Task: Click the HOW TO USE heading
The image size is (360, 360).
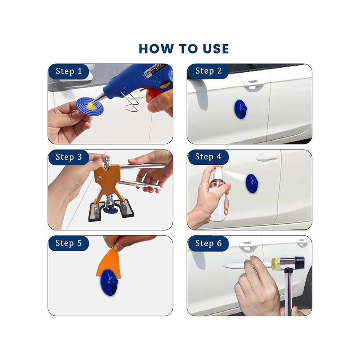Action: point(184,49)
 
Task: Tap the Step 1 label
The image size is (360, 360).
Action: point(69,71)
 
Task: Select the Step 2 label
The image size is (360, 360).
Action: point(208,71)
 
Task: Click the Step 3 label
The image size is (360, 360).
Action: point(69,157)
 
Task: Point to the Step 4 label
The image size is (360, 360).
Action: point(208,157)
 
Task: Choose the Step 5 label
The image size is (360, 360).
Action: point(68,243)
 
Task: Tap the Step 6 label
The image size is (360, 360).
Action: point(208,243)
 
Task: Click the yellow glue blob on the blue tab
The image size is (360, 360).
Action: point(91,105)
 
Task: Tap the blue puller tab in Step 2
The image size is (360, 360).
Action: point(240,109)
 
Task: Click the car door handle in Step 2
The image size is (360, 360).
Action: point(253,84)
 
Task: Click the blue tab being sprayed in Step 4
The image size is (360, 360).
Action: point(252,183)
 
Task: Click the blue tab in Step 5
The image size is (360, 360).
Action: point(109,282)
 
